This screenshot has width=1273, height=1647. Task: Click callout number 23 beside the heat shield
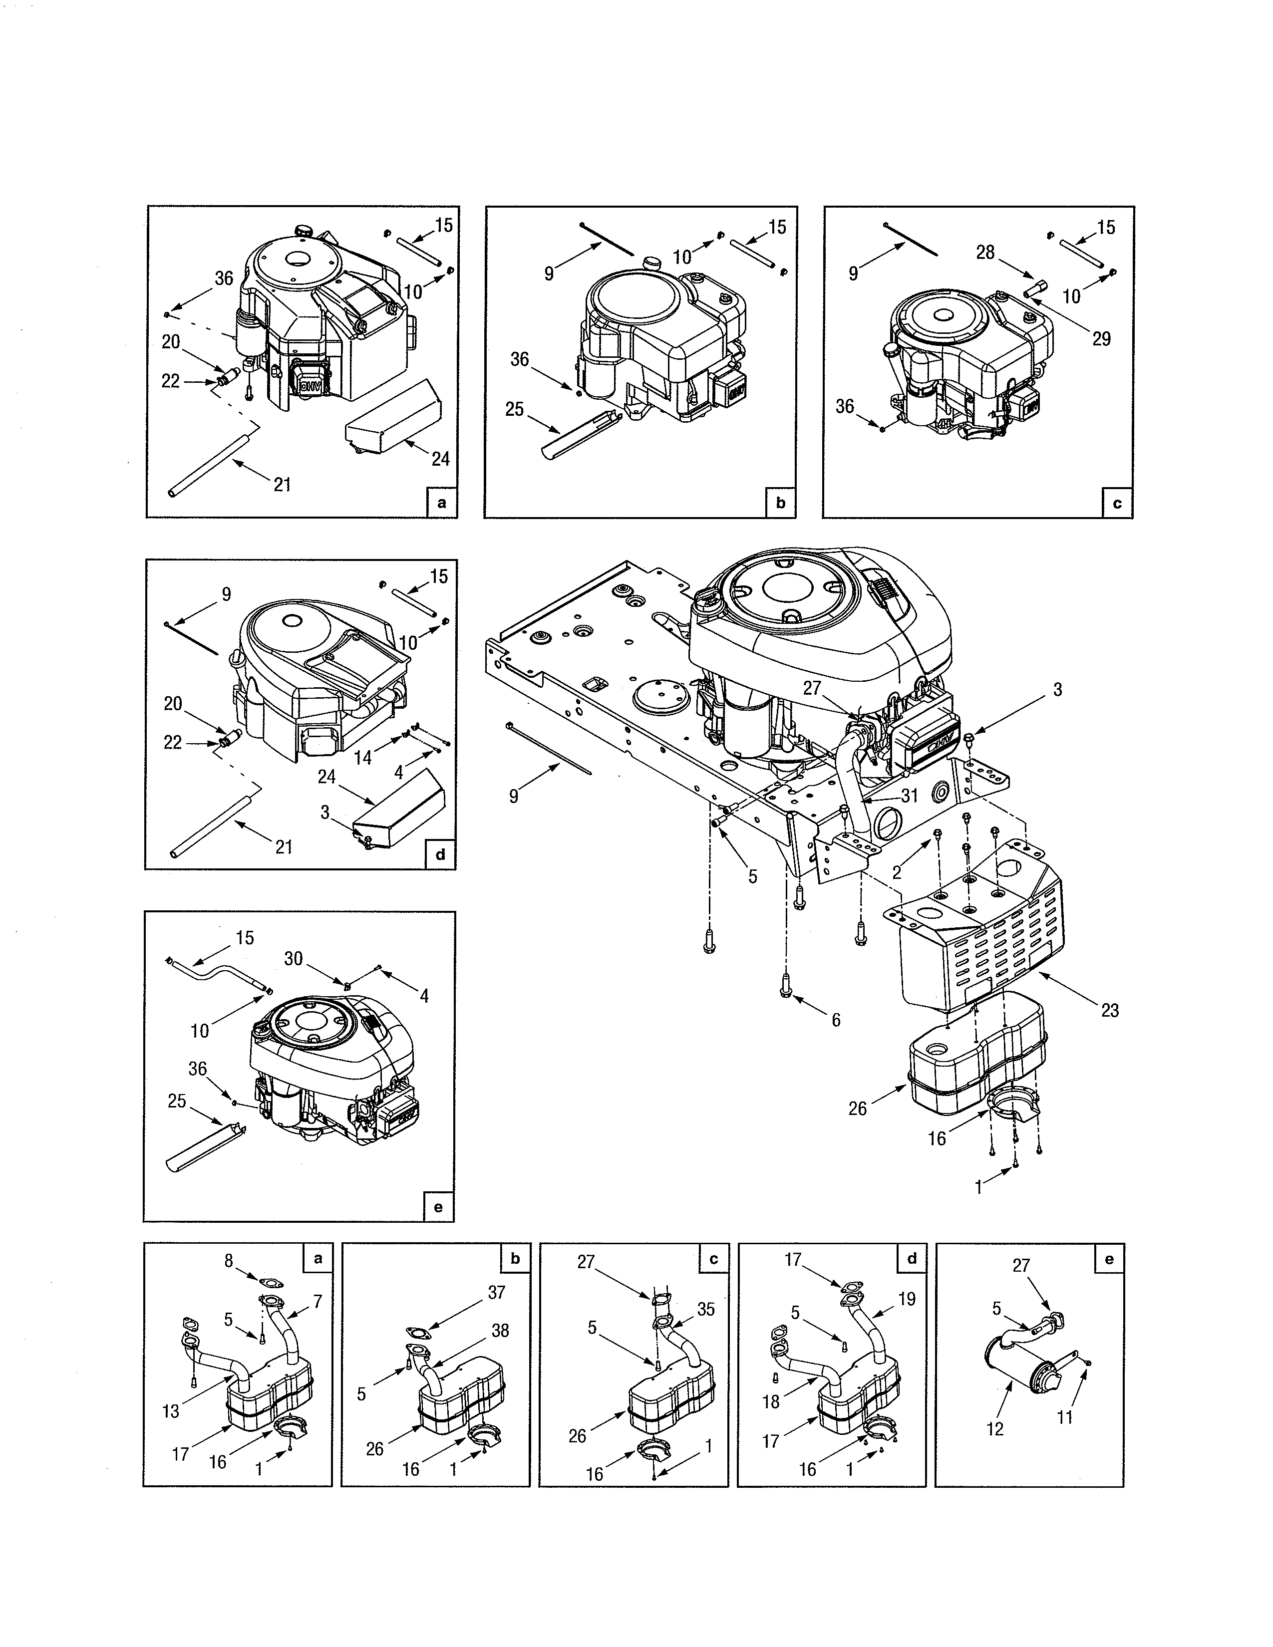[x=1109, y=1010]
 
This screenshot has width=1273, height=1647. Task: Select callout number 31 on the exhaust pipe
[x=910, y=795]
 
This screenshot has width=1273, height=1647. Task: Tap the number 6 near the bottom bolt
[x=836, y=1020]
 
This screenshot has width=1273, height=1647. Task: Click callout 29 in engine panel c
[x=1101, y=338]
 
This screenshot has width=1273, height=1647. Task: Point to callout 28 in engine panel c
[x=985, y=253]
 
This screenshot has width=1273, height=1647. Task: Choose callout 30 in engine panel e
[x=294, y=958]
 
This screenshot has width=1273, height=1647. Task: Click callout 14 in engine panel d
[x=363, y=757]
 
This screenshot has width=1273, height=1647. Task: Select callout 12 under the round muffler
[x=995, y=1429]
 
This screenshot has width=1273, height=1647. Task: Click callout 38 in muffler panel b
[x=500, y=1331]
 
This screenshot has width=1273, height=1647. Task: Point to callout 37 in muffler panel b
[x=496, y=1292]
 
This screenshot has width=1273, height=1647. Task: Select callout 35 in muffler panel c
[x=705, y=1309]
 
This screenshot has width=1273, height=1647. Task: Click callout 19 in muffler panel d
[x=907, y=1299]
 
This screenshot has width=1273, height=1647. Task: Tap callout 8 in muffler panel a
[x=229, y=1260]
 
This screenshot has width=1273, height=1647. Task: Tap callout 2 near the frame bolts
[x=897, y=872]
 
